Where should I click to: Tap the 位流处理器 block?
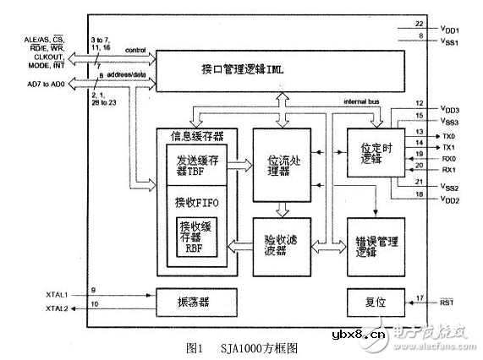pyautogui.click(x=283, y=163)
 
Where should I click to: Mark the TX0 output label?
pyautogui.click(x=447, y=134)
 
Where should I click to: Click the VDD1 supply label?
pyautogui.click(x=450, y=27)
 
